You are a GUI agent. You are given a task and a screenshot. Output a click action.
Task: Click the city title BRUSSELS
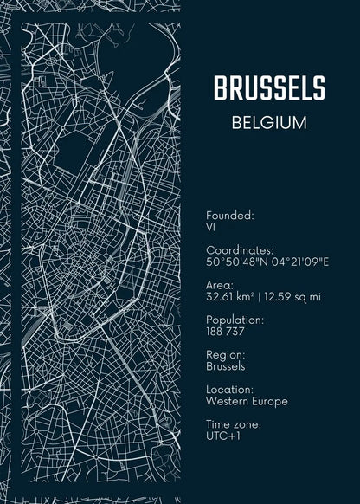pos(269,87)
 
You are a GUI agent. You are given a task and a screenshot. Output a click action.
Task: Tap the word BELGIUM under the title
pos(269,122)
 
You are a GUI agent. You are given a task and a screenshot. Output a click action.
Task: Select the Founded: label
pos(229,215)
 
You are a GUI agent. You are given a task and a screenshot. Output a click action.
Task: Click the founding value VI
pos(210,227)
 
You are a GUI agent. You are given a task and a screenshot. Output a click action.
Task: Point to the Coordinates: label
pos(240,249)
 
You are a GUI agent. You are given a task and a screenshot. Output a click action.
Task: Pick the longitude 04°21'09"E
pos(294,262)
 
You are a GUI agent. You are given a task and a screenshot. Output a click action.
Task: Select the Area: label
pos(220,285)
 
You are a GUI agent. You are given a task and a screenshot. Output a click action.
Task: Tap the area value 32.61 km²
pos(230,297)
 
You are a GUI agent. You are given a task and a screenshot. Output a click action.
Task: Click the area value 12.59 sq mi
pos(292,297)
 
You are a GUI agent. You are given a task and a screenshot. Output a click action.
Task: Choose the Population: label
pos(235,320)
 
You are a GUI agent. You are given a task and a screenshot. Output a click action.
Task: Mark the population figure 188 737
pos(225,332)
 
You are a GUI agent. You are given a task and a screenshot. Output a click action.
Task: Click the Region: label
pos(226,354)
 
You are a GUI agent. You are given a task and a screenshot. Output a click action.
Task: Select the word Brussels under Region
pos(225,366)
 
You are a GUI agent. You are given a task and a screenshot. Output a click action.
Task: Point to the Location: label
pos(230,390)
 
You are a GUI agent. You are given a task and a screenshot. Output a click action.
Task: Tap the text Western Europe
pos(247,402)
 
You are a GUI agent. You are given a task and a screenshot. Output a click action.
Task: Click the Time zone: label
pos(234,424)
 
